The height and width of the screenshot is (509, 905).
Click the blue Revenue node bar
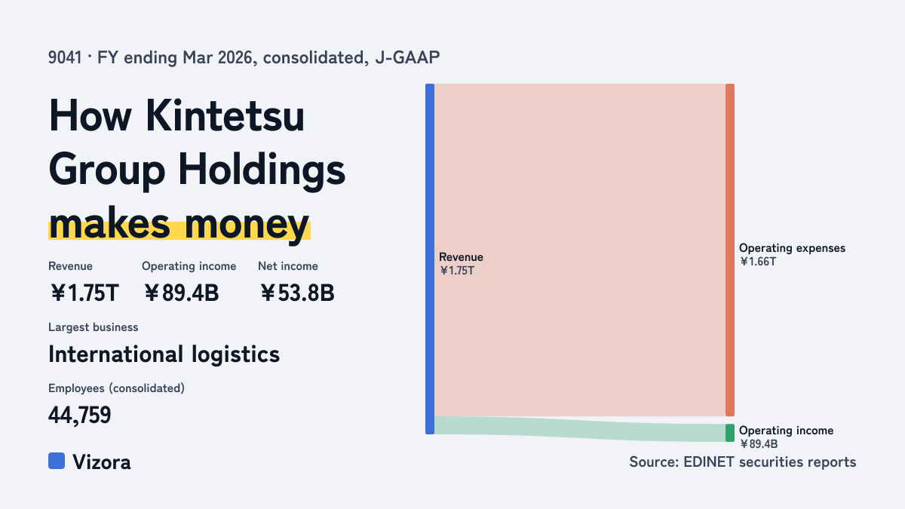[430, 259]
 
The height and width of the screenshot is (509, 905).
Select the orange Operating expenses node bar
[730, 250]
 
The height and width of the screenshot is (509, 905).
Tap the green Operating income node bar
[730, 433]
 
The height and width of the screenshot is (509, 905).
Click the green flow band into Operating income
[580, 429]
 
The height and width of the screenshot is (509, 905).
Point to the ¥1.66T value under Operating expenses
[758, 262]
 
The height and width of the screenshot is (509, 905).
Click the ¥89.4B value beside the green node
[759, 444]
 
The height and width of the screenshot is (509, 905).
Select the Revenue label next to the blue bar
[461, 257]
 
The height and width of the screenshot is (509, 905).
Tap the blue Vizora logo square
[57, 461]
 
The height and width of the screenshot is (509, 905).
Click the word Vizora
[102, 462]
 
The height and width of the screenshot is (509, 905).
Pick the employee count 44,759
[80, 415]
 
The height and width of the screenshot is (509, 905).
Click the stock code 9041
[65, 57]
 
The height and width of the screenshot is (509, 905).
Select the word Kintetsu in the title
[225, 115]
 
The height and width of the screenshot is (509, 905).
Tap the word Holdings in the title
[262, 170]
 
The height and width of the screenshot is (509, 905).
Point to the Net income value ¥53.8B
[297, 293]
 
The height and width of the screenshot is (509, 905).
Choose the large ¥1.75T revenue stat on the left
[84, 293]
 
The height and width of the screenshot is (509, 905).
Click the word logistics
[235, 354]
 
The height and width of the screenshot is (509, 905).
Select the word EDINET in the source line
[709, 461]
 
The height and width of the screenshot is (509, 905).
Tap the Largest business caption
[94, 327]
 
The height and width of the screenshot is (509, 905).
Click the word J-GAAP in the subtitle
[407, 57]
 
